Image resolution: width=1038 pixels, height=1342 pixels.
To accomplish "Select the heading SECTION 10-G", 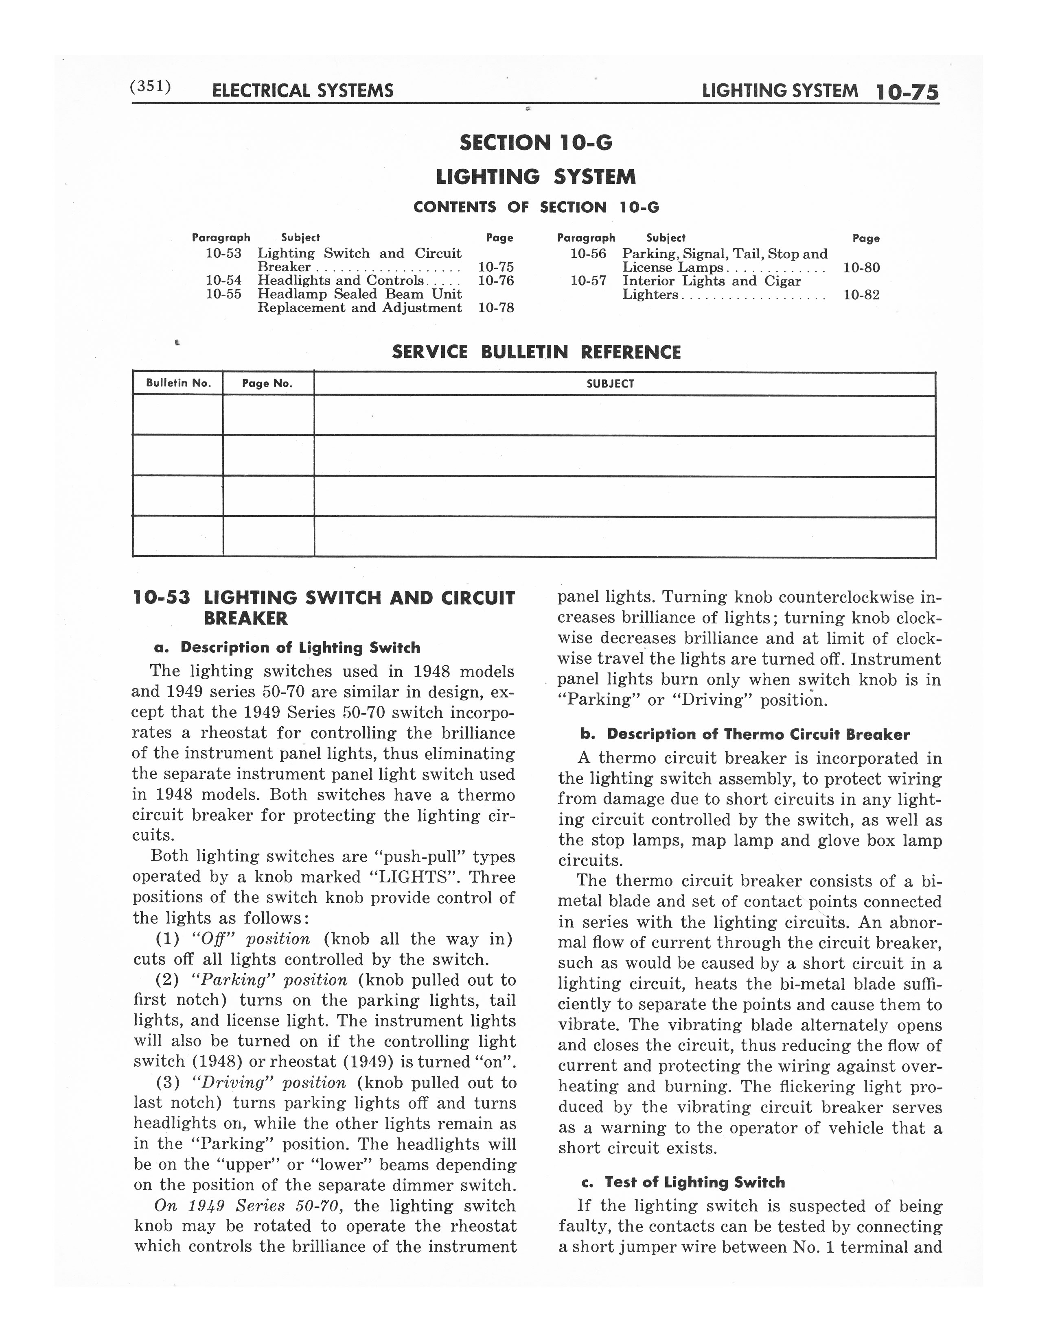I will [536, 143].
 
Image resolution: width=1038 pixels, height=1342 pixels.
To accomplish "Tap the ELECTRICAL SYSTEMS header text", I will [302, 91].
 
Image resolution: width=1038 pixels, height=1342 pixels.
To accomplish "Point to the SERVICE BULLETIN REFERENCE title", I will [536, 352].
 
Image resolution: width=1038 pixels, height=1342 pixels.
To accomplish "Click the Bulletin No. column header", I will [178, 383].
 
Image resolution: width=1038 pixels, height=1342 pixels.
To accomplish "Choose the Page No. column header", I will [267, 383].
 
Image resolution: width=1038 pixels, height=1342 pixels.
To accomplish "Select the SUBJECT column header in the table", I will [610, 383].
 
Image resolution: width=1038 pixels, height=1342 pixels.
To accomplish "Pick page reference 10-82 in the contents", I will [861, 294].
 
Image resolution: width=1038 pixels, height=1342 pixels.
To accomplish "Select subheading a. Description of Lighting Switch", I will [287, 648].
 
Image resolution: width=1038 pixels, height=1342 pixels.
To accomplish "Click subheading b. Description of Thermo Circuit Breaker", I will [745, 734].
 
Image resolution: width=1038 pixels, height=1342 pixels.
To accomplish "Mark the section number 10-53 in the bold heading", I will [162, 598].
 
